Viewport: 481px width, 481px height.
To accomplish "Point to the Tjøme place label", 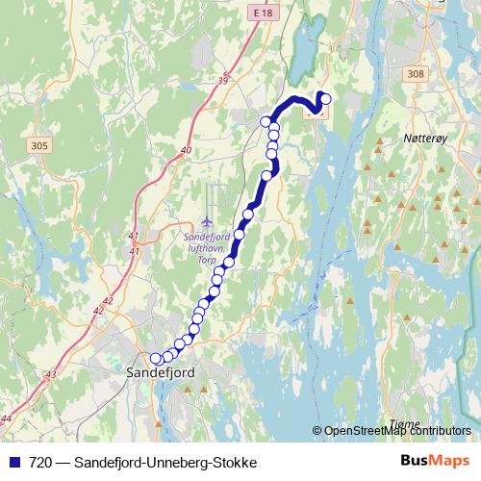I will click(407, 424).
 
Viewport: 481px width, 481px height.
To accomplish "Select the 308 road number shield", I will click(415, 74).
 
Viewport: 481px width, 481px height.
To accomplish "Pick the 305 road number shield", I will click(39, 145).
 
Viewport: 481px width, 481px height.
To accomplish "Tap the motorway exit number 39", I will click(223, 81).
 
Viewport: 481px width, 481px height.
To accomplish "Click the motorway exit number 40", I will click(186, 150).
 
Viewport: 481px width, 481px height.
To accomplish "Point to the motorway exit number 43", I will click(51, 374).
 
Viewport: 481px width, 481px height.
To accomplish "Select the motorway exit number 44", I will click(7, 418).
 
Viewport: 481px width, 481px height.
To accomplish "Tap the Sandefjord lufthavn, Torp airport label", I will click(207, 244).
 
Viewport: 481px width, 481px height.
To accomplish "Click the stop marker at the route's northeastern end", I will click(325, 98).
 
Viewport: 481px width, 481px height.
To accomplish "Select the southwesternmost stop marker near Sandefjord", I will click(157, 359).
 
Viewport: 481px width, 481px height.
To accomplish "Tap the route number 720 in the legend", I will click(39, 463).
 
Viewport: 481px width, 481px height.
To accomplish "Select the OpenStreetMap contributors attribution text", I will click(396, 431).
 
